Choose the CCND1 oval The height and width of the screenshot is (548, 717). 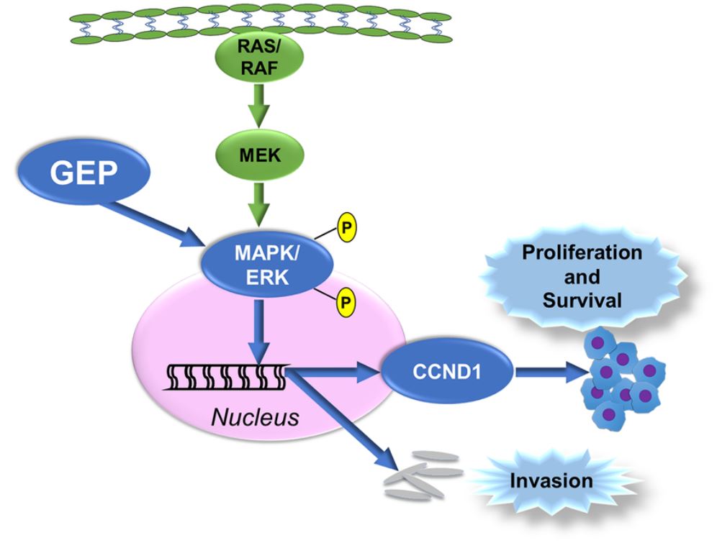tap(447, 372)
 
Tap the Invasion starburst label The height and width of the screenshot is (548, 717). tap(551, 480)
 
